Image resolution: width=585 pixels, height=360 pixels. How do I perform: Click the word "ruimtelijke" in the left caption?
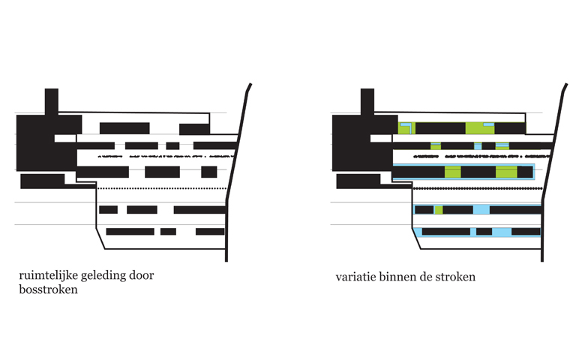tap(48, 276)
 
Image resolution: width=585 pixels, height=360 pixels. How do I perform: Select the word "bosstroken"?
tap(48, 289)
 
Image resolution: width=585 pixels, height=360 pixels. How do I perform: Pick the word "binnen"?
tap(396, 277)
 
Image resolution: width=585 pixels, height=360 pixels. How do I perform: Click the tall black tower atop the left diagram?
tap(52, 101)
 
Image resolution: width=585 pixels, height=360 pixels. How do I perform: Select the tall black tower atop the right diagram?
tap(367, 101)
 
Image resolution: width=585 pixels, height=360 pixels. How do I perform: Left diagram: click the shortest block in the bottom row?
tap(168, 232)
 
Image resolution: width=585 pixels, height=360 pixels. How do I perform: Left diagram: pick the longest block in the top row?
tap(124, 128)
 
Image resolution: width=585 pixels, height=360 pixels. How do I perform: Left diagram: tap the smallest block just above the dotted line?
tap(209, 172)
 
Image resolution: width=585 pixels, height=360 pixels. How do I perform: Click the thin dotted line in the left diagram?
tap(161, 188)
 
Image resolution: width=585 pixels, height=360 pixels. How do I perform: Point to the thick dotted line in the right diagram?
tap(478, 189)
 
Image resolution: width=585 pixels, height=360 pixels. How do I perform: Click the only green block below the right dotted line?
tap(439, 210)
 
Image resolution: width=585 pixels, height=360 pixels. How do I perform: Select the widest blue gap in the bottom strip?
tap(502, 232)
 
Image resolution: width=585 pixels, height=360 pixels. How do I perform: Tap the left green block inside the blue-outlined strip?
tap(452, 172)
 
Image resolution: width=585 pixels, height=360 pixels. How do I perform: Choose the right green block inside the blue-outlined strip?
tap(506, 172)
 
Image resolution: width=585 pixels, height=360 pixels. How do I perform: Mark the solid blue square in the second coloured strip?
tap(478, 145)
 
